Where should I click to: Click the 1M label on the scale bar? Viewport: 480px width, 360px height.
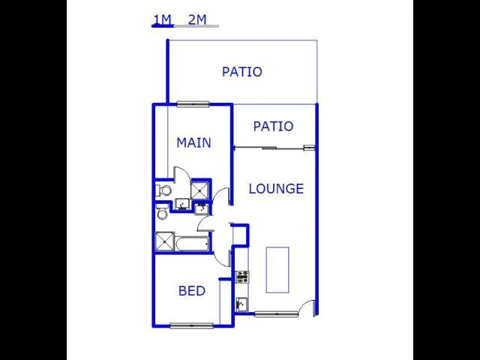(162, 20)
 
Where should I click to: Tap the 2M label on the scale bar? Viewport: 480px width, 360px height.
(197, 20)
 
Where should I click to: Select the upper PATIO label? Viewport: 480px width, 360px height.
(241, 72)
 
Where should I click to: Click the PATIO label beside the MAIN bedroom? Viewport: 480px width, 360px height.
(273, 126)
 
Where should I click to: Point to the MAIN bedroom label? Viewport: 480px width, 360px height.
(193, 143)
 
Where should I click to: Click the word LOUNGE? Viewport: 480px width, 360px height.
(276, 188)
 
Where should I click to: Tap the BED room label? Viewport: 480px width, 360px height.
(192, 291)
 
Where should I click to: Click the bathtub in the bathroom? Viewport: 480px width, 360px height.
(193, 244)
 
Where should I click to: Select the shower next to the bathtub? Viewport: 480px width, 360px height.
(165, 241)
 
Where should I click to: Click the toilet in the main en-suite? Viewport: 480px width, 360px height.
(163, 190)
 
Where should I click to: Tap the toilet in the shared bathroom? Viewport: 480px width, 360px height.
(162, 212)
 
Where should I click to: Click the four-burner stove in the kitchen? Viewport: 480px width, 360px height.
(242, 277)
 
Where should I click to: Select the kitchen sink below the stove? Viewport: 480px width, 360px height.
(241, 304)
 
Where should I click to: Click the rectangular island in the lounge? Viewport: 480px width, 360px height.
(277, 270)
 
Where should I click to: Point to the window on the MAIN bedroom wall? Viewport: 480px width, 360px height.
(193, 104)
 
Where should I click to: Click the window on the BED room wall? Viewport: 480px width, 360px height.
(192, 325)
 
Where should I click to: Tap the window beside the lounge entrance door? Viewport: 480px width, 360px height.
(276, 314)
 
